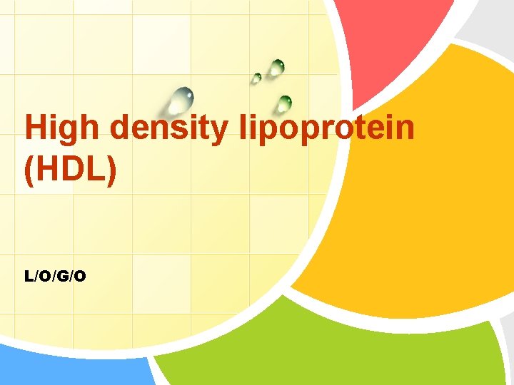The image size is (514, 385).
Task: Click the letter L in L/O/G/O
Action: (x=29, y=276)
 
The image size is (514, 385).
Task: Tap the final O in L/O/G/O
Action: (x=81, y=276)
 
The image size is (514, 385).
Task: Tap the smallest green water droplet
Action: (x=256, y=78)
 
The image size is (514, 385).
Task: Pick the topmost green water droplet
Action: (x=276, y=68)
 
